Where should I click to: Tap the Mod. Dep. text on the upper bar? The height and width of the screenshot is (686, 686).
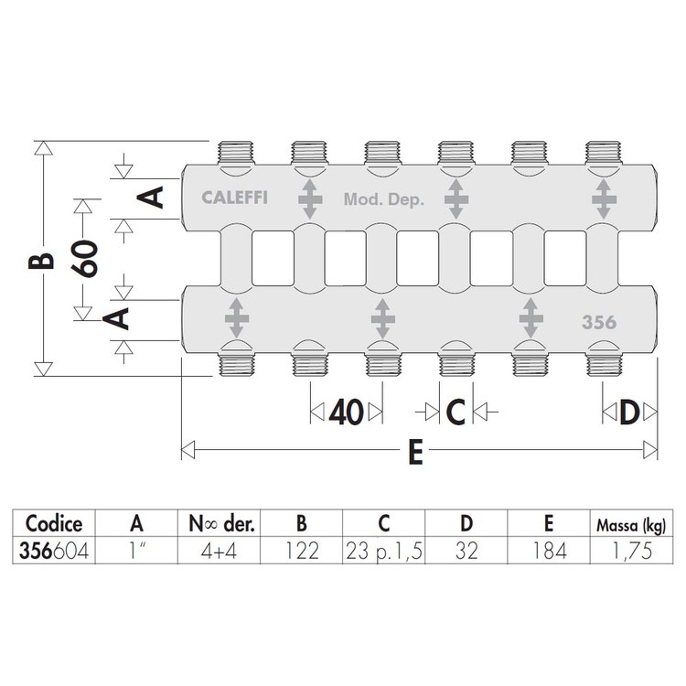click(384, 198)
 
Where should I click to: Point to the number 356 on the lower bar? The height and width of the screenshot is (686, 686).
click(599, 322)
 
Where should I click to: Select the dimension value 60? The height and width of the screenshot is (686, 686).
click(87, 260)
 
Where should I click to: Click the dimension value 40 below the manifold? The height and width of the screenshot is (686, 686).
click(346, 413)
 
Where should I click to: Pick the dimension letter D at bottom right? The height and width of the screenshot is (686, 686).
click(628, 413)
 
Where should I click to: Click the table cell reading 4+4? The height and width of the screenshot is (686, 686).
click(220, 551)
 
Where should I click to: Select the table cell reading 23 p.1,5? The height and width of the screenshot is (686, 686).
click(385, 551)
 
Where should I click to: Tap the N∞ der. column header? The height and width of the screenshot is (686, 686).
click(220, 524)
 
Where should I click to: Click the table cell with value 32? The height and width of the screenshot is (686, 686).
click(466, 551)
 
